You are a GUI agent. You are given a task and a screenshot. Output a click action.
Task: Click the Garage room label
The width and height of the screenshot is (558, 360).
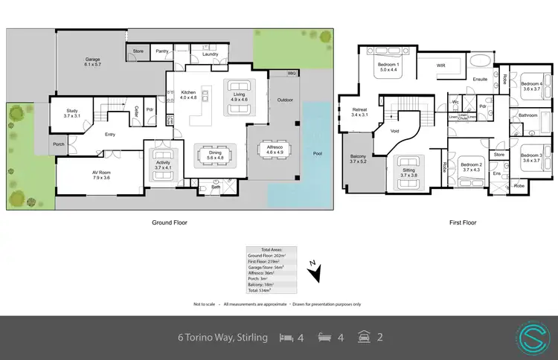(x=92, y=61)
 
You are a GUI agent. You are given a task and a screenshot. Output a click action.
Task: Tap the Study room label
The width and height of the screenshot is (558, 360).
(x=71, y=113)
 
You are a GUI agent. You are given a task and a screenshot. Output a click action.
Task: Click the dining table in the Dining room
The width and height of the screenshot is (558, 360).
(x=214, y=155)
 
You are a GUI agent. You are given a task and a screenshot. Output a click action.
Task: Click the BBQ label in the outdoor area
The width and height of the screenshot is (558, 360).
(x=292, y=74)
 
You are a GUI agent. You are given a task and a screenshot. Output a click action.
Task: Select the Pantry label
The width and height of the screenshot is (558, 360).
(x=163, y=52)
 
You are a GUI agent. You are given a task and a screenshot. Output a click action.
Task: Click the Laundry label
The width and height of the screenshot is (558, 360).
(x=209, y=54)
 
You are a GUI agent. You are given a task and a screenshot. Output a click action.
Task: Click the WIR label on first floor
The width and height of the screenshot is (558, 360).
(x=440, y=65)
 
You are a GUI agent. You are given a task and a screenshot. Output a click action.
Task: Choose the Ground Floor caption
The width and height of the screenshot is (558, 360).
(x=170, y=222)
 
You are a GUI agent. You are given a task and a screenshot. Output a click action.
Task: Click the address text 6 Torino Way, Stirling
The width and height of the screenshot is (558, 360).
(x=222, y=338)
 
